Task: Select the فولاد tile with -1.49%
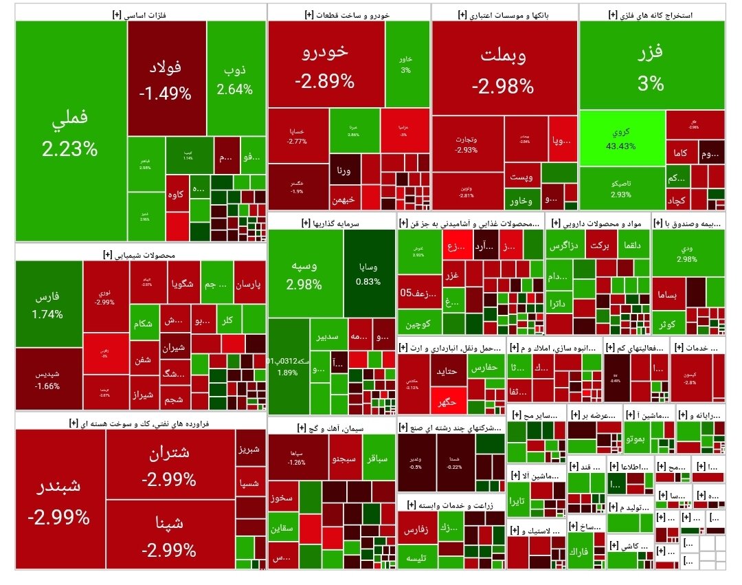coord(166,79)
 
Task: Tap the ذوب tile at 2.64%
coord(235,79)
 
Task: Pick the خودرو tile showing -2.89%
coord(325,65)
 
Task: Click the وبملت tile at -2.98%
coord(503,69)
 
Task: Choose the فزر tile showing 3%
coord(651,65)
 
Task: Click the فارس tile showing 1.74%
coord(47,305)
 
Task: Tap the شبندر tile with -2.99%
coord(59,499)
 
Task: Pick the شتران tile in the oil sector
coord(169,463)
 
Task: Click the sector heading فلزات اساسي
coord(140,14)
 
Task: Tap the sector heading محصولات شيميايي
coord(140,254)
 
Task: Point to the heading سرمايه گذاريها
coord(330,223)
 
